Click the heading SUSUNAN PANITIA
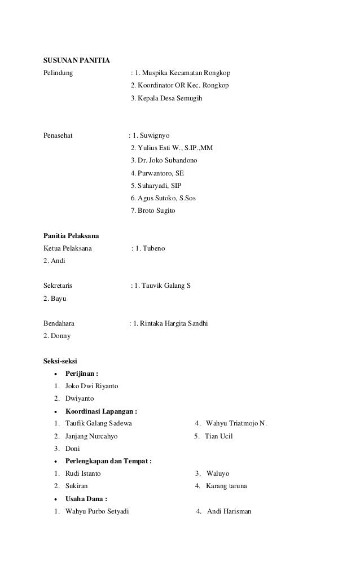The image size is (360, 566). (77, 60)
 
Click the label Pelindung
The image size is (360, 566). (58, 73)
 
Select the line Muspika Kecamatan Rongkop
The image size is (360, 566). (186, 73)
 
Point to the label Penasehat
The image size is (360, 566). (59, 136)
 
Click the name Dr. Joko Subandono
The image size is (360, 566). (168, 161)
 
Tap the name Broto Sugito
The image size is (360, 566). (156, 210)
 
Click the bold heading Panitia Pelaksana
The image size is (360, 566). (72, 235)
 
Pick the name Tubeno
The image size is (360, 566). (153, 248)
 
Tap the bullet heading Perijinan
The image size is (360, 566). (82, 374)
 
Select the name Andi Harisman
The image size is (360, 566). (229, 511)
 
